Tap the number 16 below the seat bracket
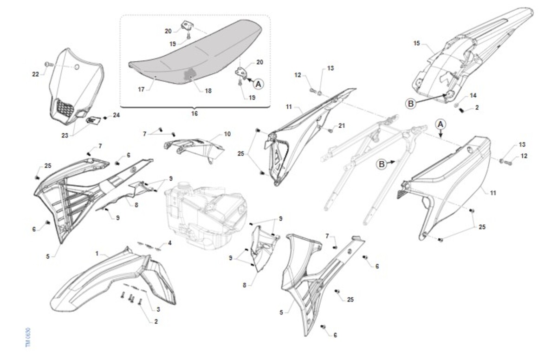(194, 114)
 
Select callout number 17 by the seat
(141, 89)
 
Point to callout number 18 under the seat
(208, 91)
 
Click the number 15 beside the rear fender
(416, 43)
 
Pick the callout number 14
(473, 96)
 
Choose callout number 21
(342, 126)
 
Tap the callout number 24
(116, 115)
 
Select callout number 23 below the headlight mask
(65, 136)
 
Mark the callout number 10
(227, 134)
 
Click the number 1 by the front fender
(97, 254)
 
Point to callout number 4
(169, 243)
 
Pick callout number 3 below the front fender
(158, 309)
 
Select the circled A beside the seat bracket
(259, 85)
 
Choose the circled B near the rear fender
(411, 104)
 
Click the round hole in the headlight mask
(77, 67)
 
